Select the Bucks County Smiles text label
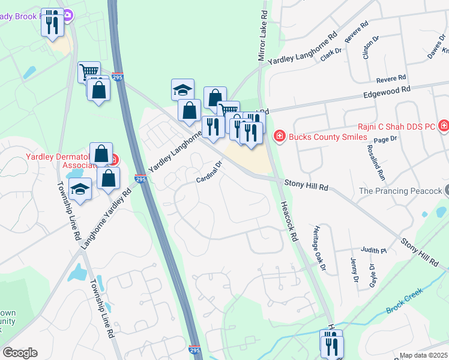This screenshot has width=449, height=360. coord(328,137)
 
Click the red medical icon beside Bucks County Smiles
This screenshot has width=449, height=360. coord(279,137)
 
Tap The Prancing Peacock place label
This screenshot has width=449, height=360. coord(401,191)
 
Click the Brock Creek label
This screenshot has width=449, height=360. coord(404,301)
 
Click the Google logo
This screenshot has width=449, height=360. coord(20,353)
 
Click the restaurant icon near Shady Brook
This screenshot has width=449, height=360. coord(52,22)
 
